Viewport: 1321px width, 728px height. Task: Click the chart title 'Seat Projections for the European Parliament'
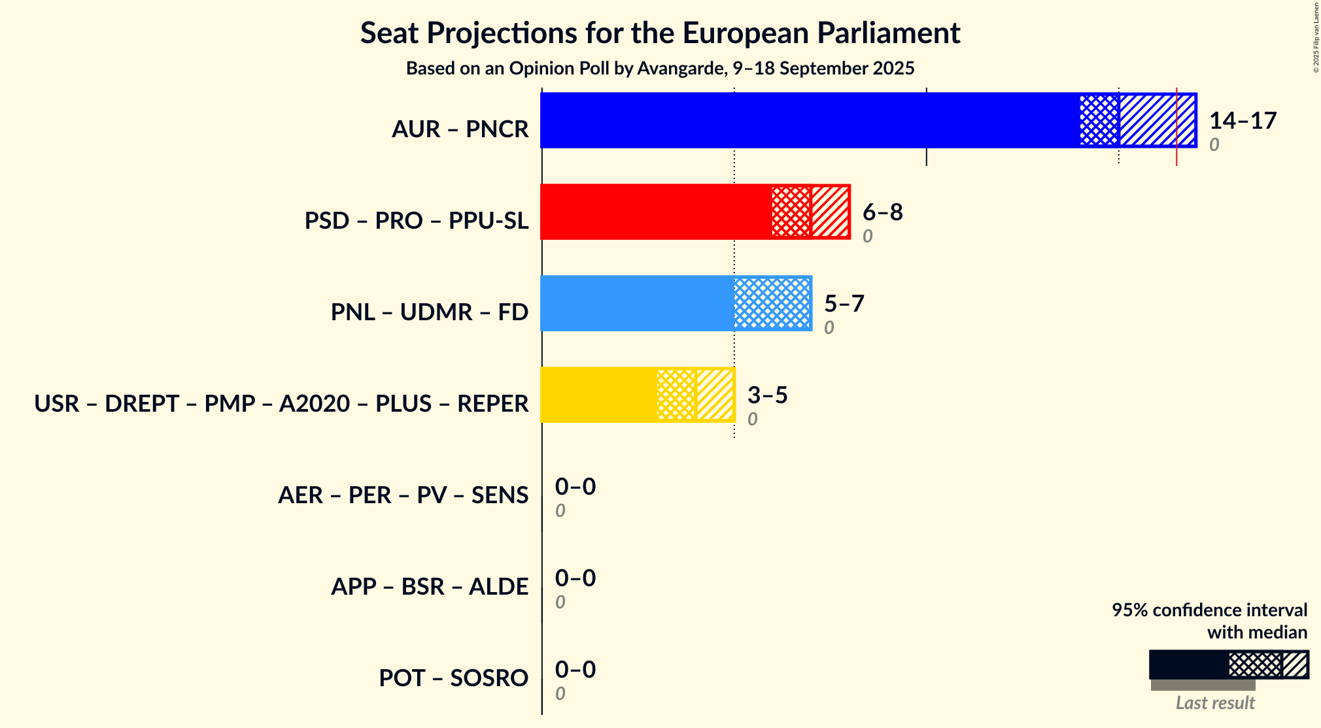[660, 33]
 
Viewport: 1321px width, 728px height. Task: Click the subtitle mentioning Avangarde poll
[660, 69]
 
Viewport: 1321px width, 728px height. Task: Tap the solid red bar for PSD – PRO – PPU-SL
[656, 212]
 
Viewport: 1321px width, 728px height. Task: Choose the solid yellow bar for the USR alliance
[598, 395]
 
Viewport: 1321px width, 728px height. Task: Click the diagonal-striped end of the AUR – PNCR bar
[1157, 120]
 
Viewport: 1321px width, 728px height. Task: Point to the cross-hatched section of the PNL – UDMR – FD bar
[772, 303]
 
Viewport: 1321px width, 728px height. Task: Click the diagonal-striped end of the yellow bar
[715, 395]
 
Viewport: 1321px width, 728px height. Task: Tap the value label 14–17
[1243, 121]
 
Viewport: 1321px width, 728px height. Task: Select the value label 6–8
[882, 212]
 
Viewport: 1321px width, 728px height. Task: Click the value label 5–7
[844, 304]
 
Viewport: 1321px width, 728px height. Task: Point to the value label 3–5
[767, 395]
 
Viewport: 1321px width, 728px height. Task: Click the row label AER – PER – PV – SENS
[403, 495]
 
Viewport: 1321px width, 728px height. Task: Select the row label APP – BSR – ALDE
[429, 587]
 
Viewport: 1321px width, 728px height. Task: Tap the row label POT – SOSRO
[453, 678]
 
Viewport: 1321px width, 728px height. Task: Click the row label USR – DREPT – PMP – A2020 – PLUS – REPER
[281, 404]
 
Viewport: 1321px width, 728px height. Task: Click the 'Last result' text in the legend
[1215, 703]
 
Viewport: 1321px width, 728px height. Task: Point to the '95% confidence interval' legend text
[1209, 610]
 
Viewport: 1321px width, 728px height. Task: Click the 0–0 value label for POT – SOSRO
[575, 670]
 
